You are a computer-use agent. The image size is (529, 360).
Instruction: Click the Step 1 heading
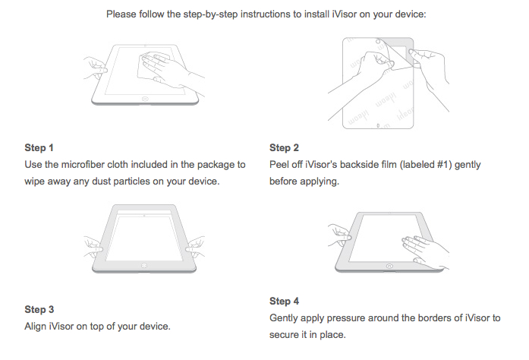coord(39,147)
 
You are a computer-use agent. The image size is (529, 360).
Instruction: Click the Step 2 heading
coord(284,147)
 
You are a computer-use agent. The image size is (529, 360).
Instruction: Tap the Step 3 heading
coord(39,309)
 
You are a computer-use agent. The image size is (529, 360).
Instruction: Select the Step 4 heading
coord(284,301)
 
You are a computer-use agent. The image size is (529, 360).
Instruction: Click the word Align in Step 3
coord(36,327)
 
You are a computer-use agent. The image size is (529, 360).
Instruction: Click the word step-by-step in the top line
coord(210,14)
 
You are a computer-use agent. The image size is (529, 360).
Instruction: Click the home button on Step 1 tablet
coord(145,99)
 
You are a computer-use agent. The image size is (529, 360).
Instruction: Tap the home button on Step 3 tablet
coord(144,265)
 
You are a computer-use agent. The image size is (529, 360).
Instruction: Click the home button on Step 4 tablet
coord(389,266)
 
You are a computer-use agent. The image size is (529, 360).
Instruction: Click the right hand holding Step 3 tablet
coord(195,248)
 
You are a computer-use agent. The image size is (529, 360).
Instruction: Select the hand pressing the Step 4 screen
coord(425,251)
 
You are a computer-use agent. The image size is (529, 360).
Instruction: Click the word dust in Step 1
coord(101,182)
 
